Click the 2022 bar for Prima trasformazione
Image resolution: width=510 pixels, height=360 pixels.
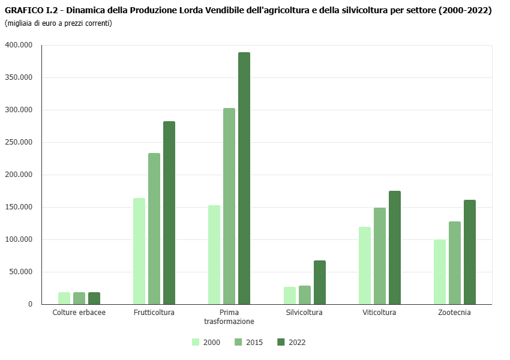click(244, 178)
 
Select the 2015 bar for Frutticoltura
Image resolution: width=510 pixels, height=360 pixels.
click(154, 229)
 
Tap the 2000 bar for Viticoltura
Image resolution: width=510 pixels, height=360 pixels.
click(365, 265)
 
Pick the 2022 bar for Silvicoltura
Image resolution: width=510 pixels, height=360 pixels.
click(320, 282)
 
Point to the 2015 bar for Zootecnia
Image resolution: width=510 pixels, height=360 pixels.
click(455, 263)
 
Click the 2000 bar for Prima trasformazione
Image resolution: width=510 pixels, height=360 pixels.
click(214, 254)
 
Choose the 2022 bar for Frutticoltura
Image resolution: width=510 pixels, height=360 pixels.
click(169, 212)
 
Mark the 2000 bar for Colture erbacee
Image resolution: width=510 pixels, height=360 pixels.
click(64, 298)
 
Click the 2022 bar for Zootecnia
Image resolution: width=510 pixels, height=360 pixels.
click(470, 252)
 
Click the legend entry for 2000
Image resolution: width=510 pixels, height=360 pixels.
click(206, 343)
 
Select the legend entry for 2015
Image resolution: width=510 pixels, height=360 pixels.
click(248, 343)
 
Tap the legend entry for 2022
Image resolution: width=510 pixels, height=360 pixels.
click(291, 343)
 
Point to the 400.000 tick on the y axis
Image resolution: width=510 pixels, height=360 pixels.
click(19, 45)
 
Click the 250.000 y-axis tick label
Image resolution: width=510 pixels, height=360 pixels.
click(19, 142)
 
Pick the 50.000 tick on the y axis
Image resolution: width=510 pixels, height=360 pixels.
click(20, 272)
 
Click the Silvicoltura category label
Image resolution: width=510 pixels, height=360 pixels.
click(304, 313)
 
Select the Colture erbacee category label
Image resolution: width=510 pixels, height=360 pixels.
click(79, 313)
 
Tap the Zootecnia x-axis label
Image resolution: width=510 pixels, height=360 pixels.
click(454, 313)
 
